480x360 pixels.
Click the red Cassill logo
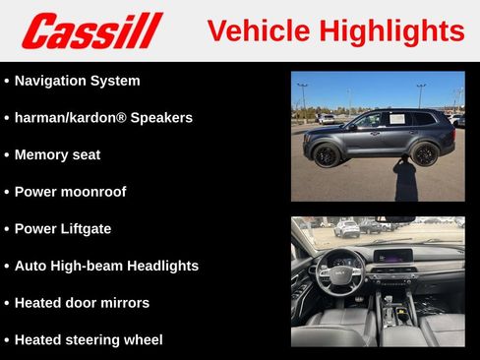point(91,30)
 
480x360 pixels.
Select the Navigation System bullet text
point(77,81)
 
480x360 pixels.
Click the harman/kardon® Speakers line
point(103,117)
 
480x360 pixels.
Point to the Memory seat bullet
point(57,154)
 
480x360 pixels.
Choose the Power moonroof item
point(70,191)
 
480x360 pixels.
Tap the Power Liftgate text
point(63,228)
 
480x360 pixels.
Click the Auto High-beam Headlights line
point(106,266)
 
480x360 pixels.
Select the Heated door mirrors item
point(82,302)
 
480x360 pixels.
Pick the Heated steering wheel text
point(89,339)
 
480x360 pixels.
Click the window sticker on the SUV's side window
point(397,119)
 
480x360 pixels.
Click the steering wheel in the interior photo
point(340,270)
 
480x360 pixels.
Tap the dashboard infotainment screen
point(392,256)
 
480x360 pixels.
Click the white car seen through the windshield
point(346,229)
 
